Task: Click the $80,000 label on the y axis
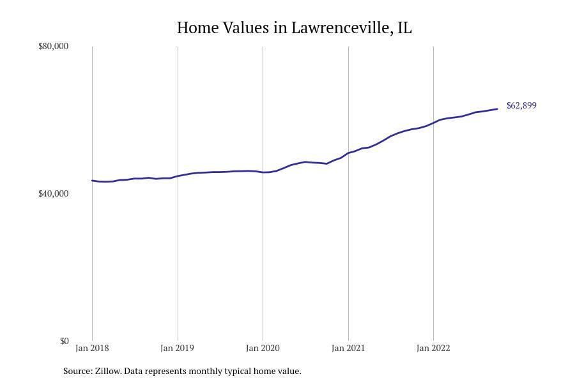point(53,47)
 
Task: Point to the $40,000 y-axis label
point(53,194)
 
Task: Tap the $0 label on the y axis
point(64,342)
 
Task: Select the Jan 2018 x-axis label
point(92,349)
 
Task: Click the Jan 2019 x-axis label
point(178,349)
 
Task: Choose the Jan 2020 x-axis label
point(263,349)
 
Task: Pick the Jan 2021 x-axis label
point(348,349)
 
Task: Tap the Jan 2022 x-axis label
point(433,349)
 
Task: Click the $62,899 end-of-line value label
point(521,106)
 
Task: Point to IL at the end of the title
point(404,28)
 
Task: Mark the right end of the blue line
point(497,109)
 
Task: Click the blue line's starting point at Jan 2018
point(93,181)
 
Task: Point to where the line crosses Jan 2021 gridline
point(348,153)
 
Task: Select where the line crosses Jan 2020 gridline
point(263,172)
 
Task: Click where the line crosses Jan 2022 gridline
point(433,122)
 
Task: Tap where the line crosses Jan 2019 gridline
point(178,176)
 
